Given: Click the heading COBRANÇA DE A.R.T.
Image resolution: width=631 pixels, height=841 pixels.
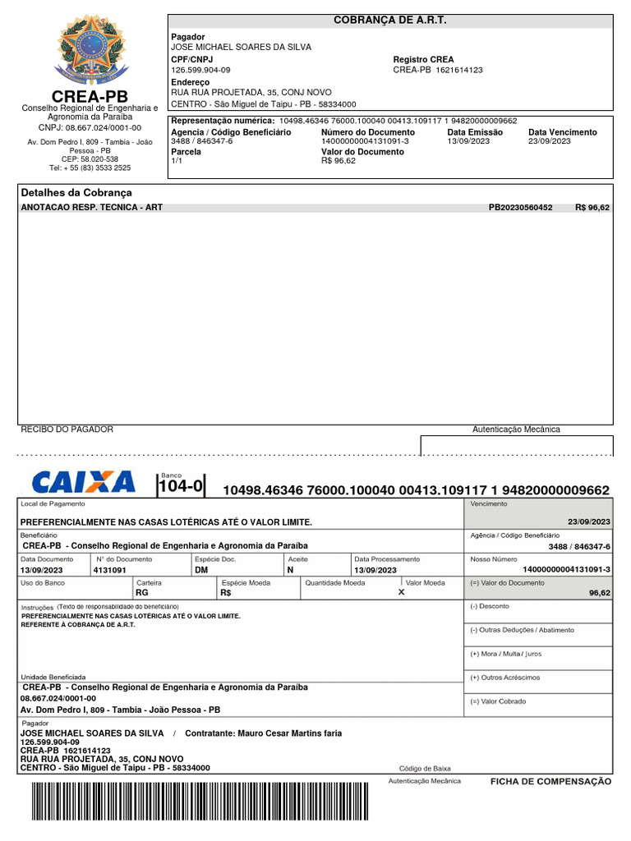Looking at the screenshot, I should tap(390, 20).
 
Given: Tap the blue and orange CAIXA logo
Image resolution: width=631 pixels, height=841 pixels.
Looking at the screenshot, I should tap(83, 482).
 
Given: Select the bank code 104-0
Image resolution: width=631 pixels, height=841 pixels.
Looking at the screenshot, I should tap(180, 487).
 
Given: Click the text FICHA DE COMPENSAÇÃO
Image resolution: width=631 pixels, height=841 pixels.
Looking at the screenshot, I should tap(550, 782).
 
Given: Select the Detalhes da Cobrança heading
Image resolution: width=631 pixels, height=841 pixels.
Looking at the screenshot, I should tap(76, 192).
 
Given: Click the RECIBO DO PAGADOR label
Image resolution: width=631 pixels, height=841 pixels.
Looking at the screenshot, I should tap(67, 430).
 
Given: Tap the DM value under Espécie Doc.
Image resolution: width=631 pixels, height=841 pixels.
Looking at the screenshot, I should tap(202, 570).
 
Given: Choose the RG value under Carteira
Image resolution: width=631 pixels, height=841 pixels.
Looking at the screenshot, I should tap(142, 592).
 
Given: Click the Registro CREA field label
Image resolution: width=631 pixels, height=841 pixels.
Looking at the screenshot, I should tap(423, 60).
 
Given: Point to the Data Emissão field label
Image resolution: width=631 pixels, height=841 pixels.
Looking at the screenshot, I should tap(475, 132).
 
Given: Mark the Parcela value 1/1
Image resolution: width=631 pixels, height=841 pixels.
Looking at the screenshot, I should tap(177, 162).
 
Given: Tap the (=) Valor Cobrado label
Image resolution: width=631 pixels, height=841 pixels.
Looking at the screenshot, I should tap(498, 701).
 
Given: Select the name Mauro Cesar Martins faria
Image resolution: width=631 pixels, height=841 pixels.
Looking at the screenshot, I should tap(289, 733).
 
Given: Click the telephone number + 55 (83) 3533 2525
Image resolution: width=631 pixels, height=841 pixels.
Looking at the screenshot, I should tap(90, 168).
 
